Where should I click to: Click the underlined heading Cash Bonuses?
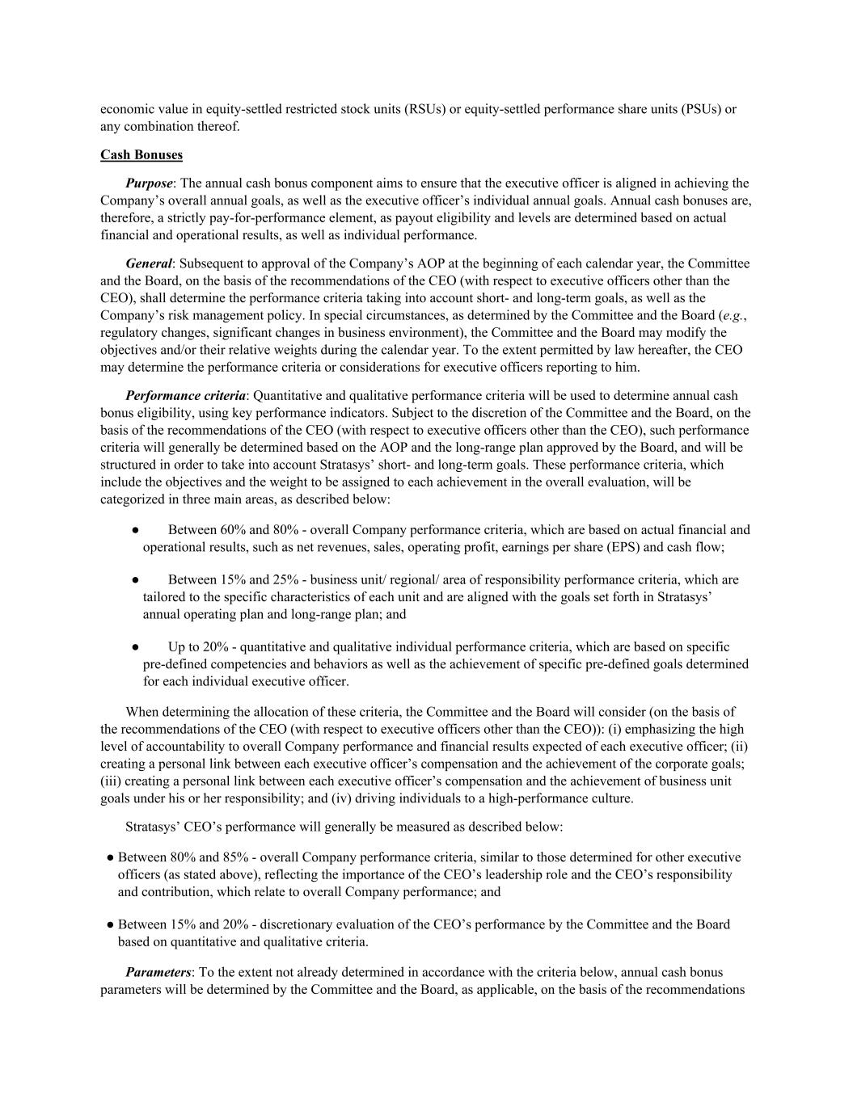(x=141, y=154)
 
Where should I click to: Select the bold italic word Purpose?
(x=149, y=183)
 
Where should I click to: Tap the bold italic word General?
(x=149, y=263)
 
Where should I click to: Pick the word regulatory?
(x=128, y=333)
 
